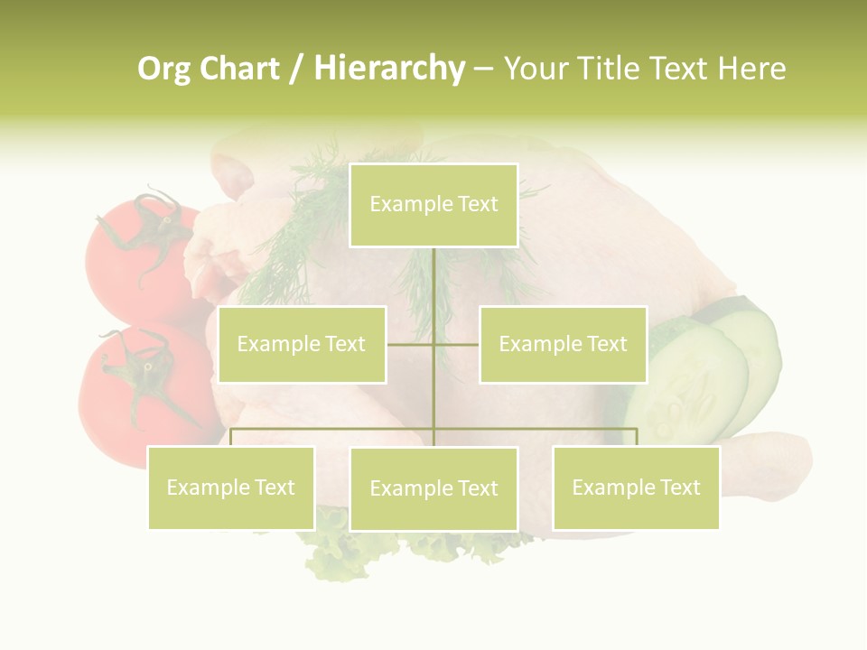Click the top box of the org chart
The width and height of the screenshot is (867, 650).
433,205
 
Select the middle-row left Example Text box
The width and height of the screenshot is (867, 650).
302,344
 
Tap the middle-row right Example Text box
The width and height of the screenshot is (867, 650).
563,344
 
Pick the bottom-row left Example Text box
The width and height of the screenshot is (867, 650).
230,487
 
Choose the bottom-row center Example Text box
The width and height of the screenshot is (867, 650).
433,488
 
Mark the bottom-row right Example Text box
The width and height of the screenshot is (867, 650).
636,487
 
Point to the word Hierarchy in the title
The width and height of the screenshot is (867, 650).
389,69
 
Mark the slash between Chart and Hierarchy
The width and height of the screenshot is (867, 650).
295,69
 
